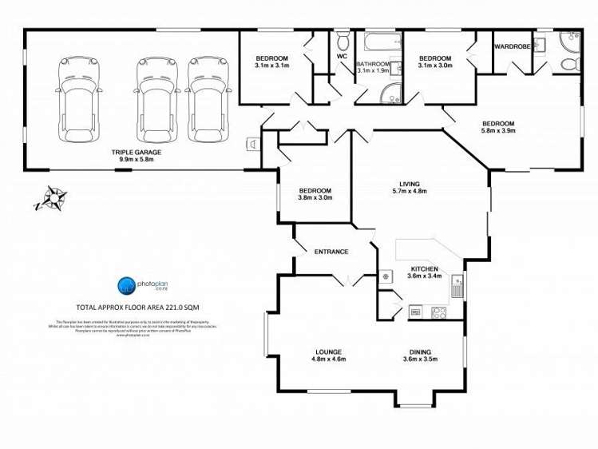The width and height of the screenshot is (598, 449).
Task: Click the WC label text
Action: pyautogui.click(x=341, y=58)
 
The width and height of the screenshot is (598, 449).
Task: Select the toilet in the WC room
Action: pyautogui.click(x=343, y=39)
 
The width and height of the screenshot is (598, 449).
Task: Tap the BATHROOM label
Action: pyautogui.click(x=373, y=64)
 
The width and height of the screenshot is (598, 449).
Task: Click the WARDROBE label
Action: pyautogui.click(x=513, y=46)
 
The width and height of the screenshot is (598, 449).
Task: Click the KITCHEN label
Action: pyautogui.click(x=424, y=268)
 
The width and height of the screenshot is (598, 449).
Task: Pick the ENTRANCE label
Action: pyautogui.click(x=331, y=252)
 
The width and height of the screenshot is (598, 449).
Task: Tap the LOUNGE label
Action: pyautogui.click(x=328, y=352)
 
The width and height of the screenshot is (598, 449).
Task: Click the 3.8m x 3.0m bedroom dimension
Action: pyautogui.click(x=315, y=198)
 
